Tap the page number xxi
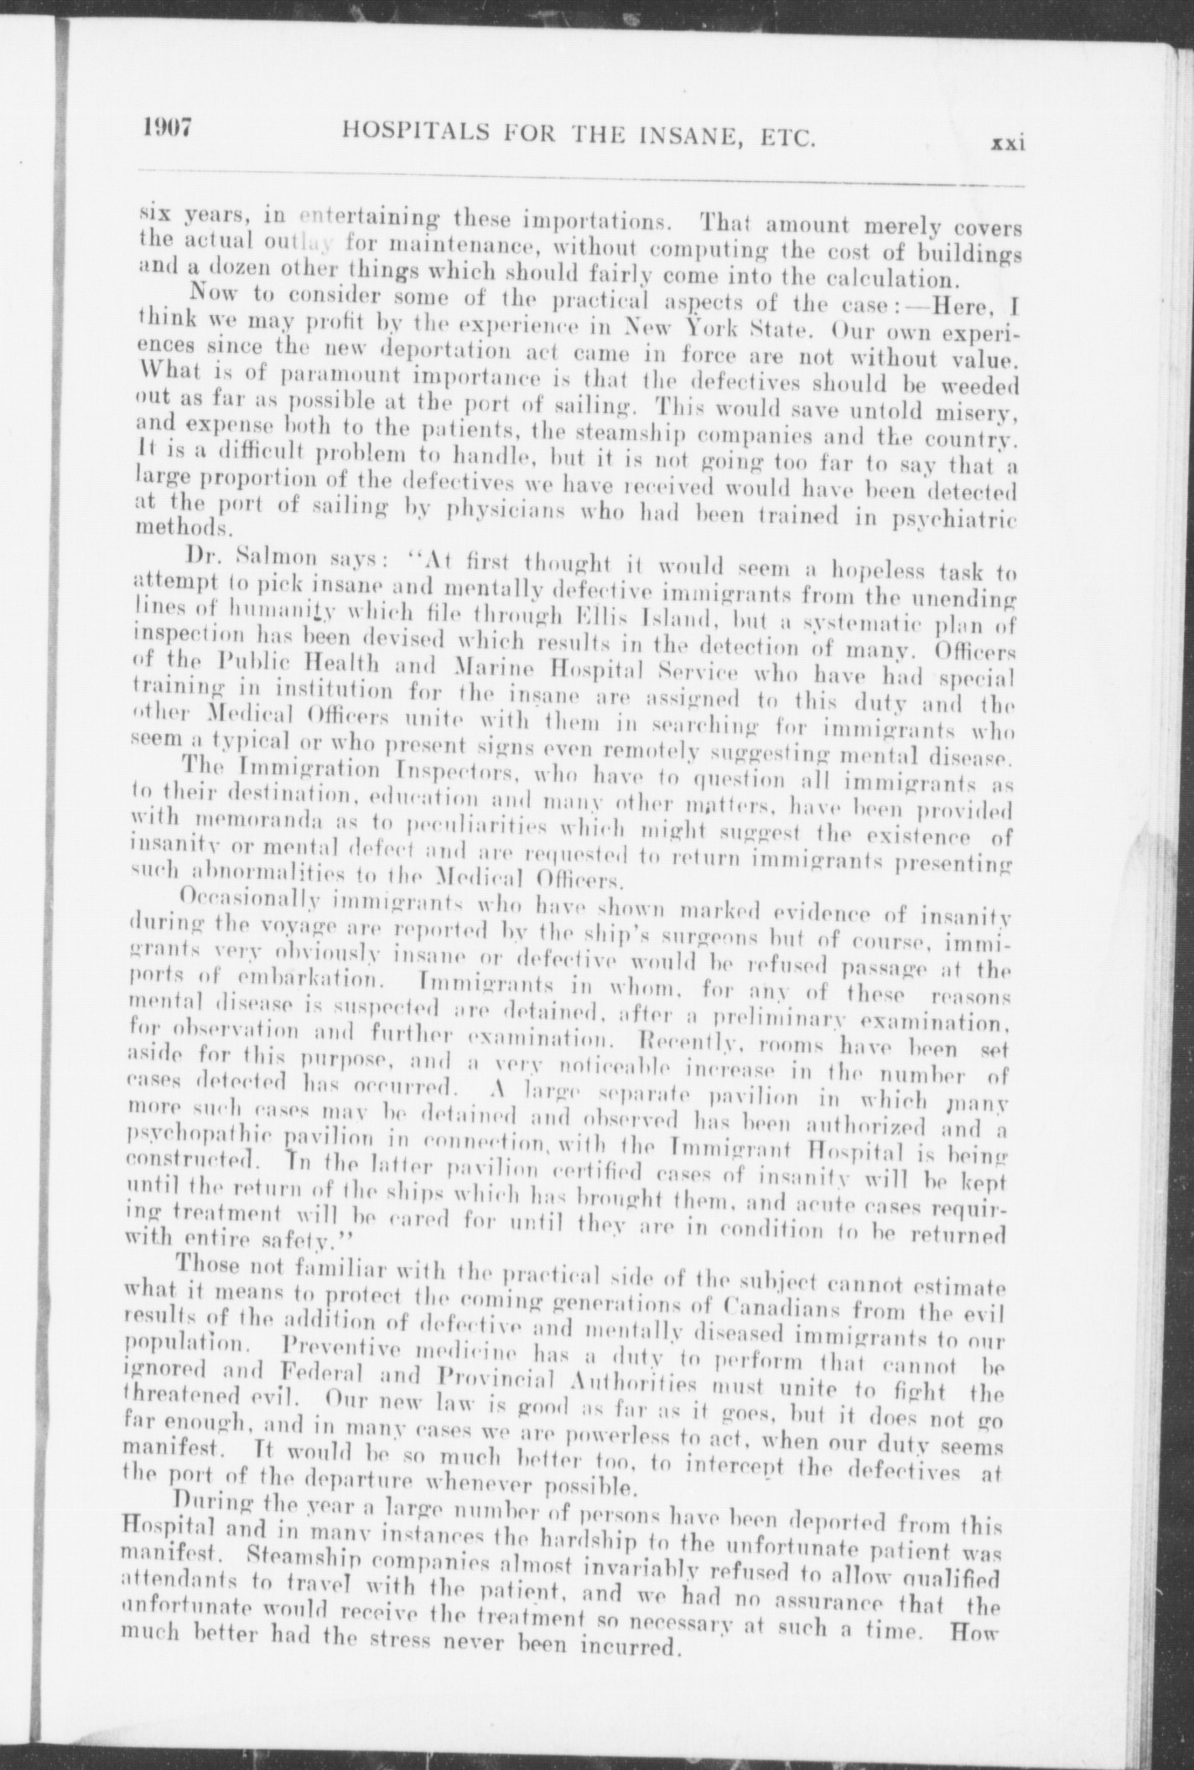coord(1008,144)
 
